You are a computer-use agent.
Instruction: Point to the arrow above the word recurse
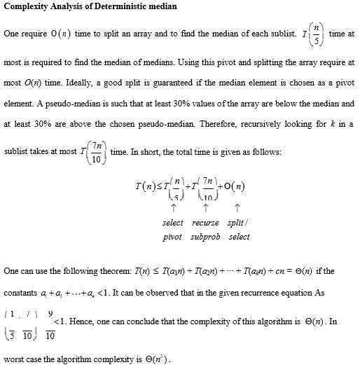tap(205, 207)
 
